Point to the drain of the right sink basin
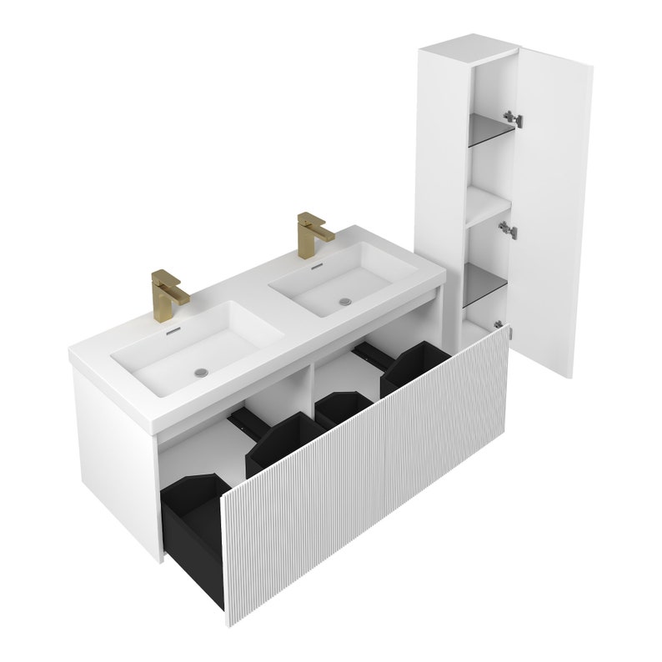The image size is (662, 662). coord(344,298)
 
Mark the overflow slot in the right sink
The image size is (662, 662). coord(315,268)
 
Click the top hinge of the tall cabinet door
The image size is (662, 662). coord(516,118)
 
